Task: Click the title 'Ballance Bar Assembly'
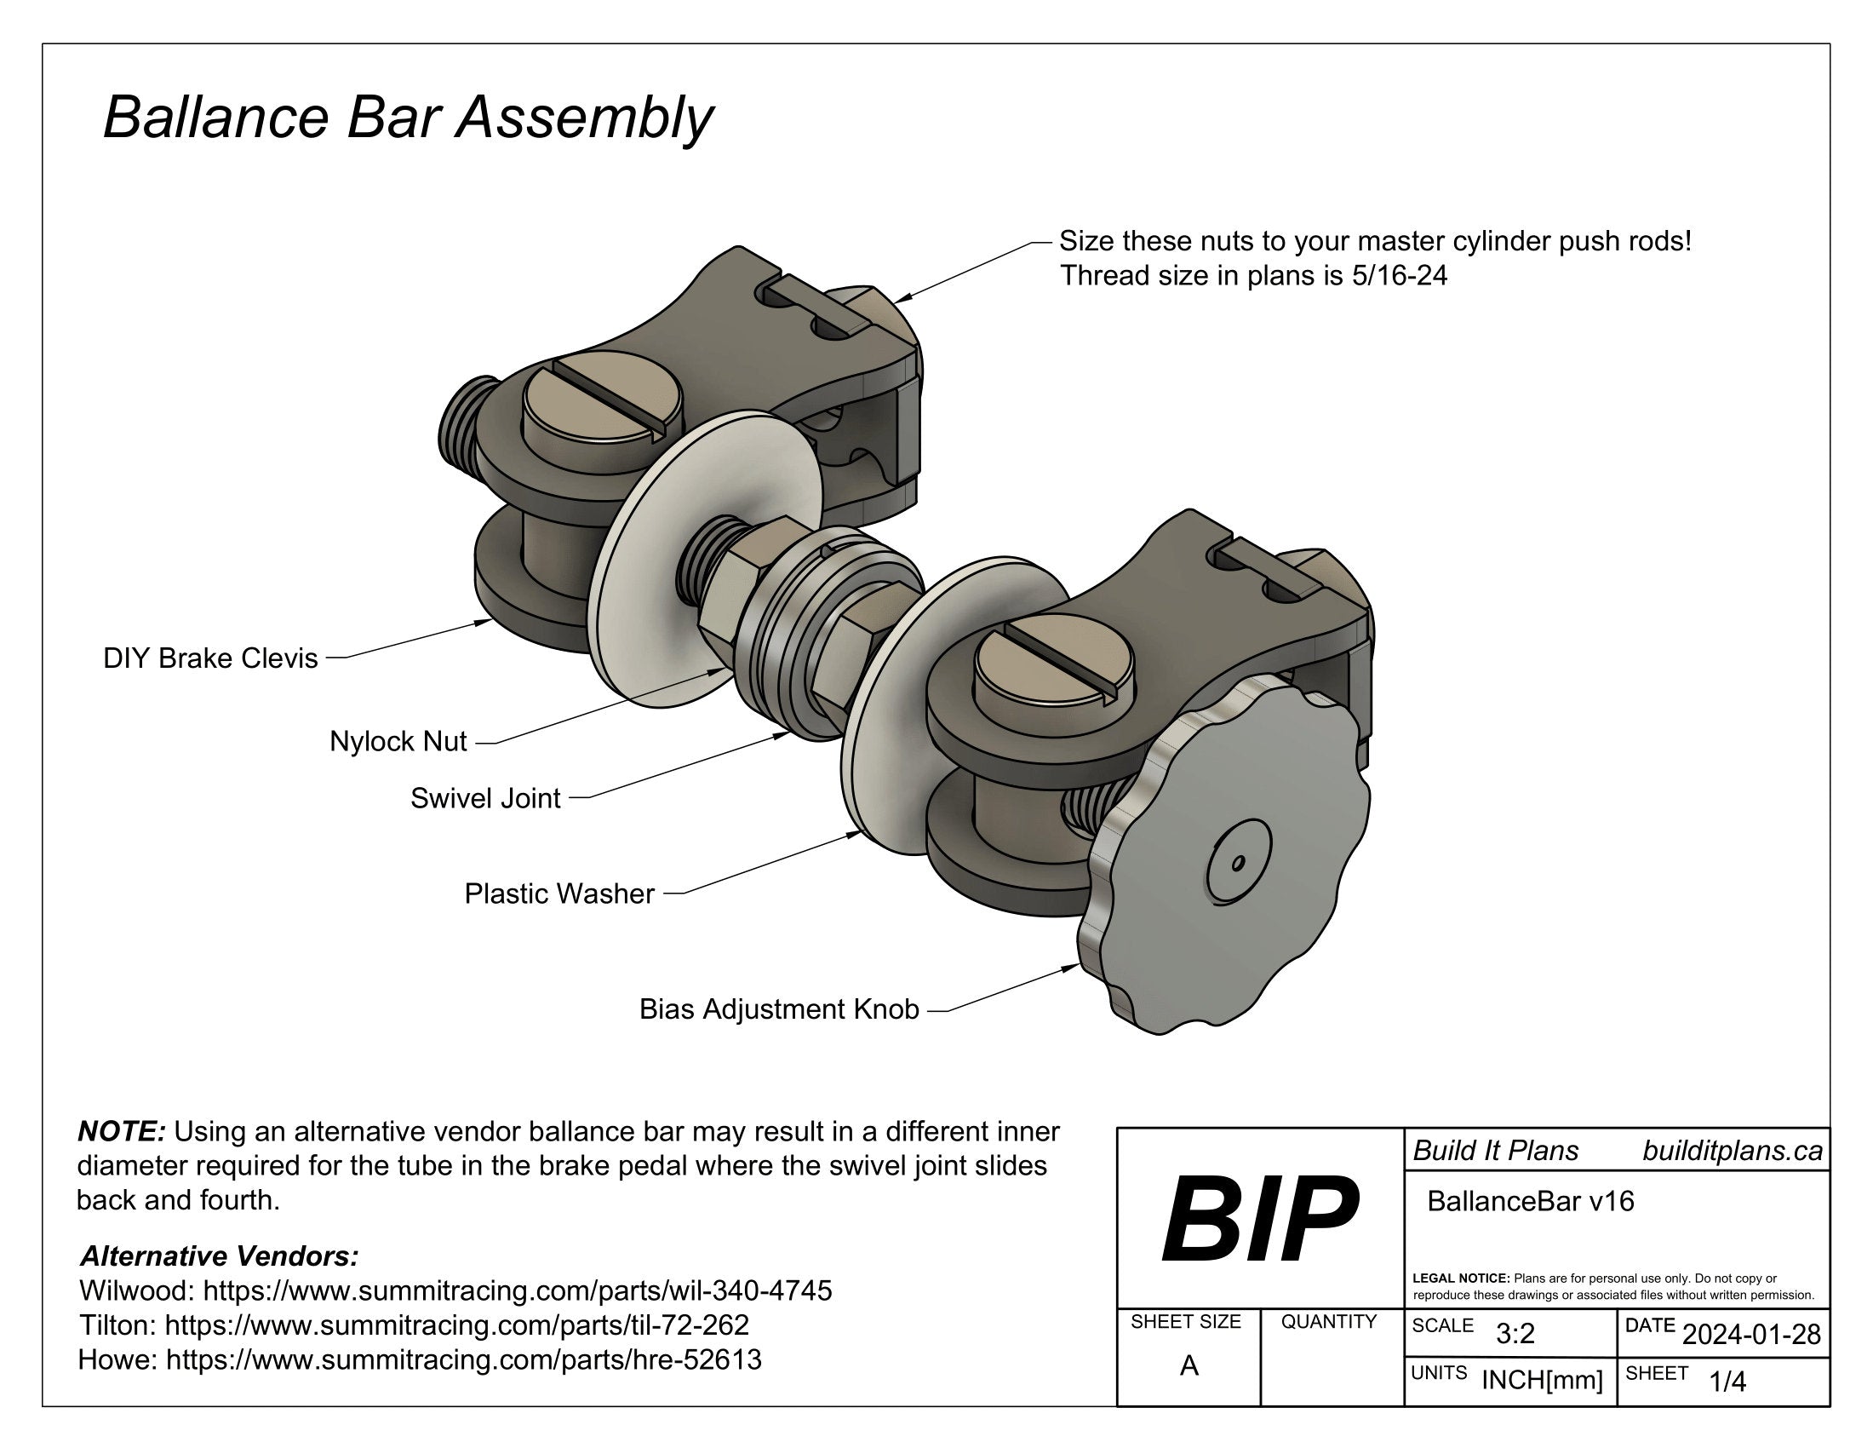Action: click(407, 118)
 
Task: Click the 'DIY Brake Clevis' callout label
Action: click(210, 658)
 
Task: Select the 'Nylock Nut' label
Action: click(398, 741)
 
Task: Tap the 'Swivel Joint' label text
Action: click(485, 799)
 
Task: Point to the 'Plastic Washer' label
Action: click(559, 894)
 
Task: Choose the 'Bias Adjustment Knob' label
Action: click(779, 1008)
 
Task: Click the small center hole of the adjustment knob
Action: click(1238, 863)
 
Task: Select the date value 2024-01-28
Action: click(1751, 1334)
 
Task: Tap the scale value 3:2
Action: click(1515, 1334)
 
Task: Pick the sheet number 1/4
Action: click(1727, 1381)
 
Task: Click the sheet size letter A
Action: click(1189, 1365)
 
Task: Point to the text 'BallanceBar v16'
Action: click(1531, 1201)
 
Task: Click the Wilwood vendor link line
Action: click(455, 1291)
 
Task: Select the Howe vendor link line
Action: click(420, 1359)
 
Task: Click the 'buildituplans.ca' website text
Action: click(1733, 1152)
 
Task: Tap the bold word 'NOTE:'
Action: click(121, 1131)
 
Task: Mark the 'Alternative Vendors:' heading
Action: click(219, 1256)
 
